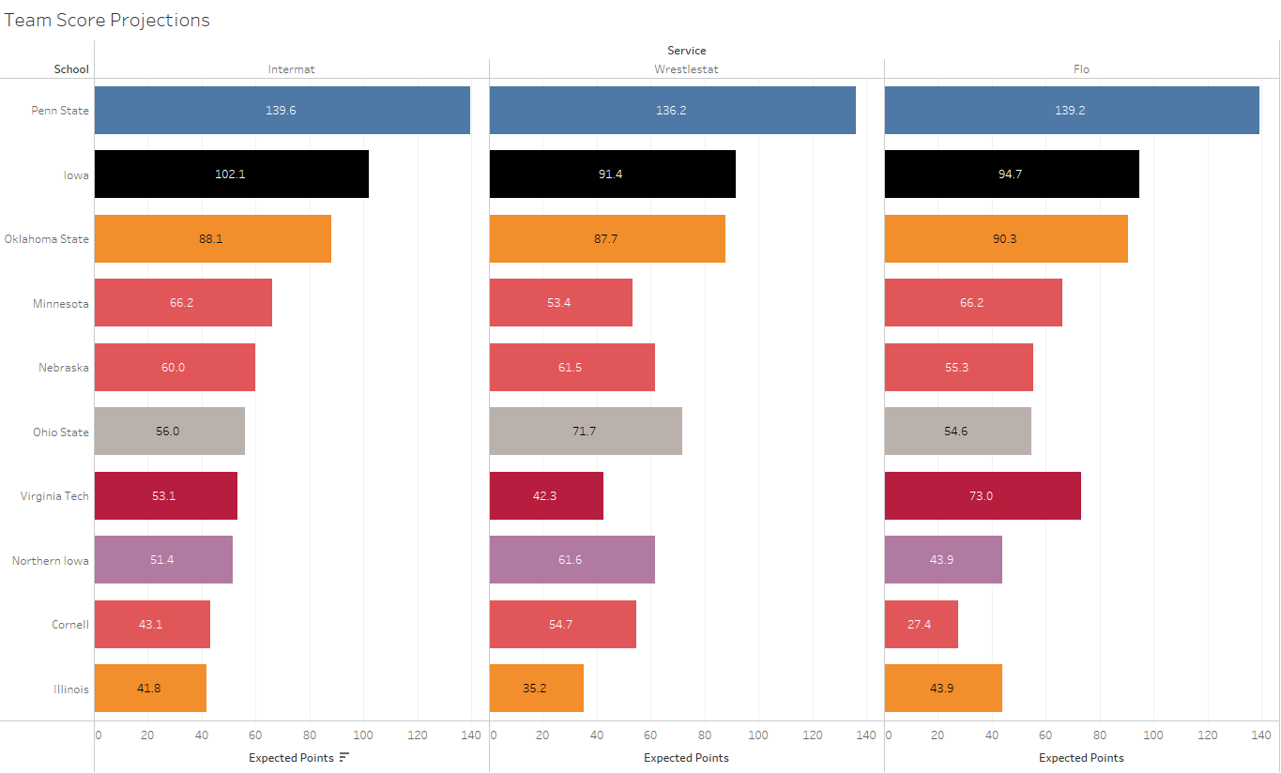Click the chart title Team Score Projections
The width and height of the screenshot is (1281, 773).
click(x=107, y=20)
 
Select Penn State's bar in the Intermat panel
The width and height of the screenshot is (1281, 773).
click(x=282, y=110)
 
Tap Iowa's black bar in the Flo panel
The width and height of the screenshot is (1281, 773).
click(x=1012, y=174)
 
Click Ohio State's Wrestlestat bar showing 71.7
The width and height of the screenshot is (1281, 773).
click(x=586, y=432)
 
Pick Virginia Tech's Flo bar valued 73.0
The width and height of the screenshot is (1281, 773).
click(x=983, y=495)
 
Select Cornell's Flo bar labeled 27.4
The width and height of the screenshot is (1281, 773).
click(x=921, y=624)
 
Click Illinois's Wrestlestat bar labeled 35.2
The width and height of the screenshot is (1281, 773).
click(x=537, y=689)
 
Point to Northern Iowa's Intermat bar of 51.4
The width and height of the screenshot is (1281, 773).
click(x=163, y=560)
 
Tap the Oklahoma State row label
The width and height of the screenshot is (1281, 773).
click(x=47, y=239)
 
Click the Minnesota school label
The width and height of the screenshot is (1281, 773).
click(x=61, y=303)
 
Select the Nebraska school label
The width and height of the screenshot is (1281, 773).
click(x=64, y=368)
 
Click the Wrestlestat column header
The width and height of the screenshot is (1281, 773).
click(x=686, y=69)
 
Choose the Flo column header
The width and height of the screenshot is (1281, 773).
click(x=1081, y=69)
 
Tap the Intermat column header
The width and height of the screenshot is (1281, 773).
click(x=292, y=69)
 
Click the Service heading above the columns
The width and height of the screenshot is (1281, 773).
click(x=686, y=51)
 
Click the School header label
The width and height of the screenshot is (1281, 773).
click(x=71, y=69)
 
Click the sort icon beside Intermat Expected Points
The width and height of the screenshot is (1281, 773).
click(x=344, y=758)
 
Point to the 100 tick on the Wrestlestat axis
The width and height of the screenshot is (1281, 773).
click(x=758, y=735)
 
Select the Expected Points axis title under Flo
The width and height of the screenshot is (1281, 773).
click(x=1081, y=758)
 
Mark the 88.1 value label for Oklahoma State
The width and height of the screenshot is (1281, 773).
click(x=211, y=239)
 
